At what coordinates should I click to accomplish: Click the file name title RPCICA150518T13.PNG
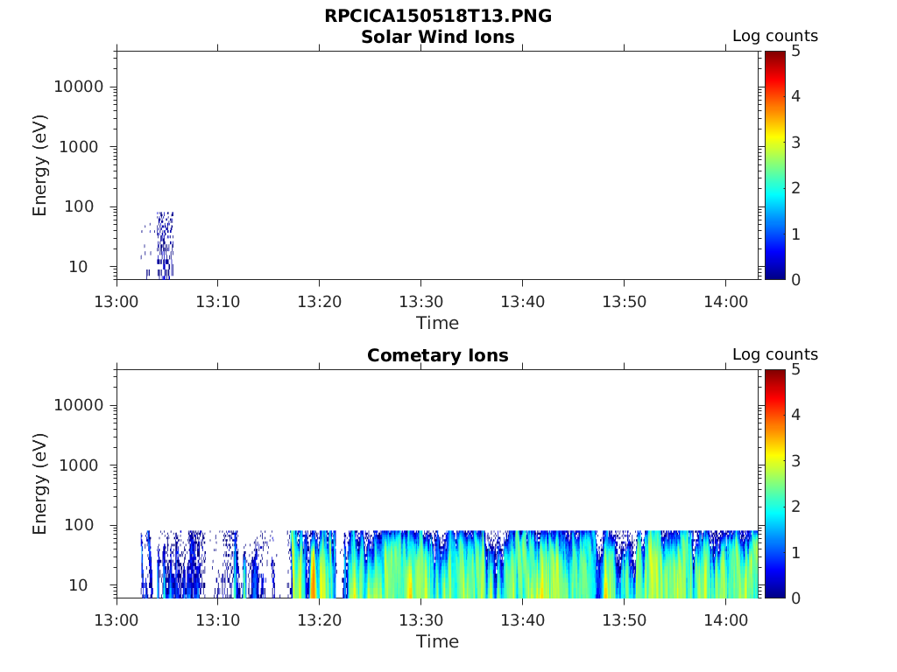(x=438, y=17)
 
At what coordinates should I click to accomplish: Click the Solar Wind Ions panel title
(x=438, y=37)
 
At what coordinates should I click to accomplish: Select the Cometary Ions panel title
(x=438, y=355)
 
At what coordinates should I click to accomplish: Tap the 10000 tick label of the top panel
(x=79, y=87)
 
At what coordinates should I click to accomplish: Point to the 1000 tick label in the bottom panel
(x=83, y=465)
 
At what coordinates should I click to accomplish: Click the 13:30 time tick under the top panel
(x=421, y=302)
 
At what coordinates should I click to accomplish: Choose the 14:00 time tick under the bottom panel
(x=725, y=620)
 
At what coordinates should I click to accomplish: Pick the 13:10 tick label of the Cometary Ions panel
(x=218, y=620)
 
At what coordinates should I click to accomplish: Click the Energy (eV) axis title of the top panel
(x=40, y=165)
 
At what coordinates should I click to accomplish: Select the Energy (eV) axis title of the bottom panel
(x=40, y=484)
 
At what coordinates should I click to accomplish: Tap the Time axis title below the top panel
(x=438, y=323)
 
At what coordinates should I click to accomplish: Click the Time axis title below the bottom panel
(x=438, y=641)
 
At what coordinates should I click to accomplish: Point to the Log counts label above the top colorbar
(x=775, y=37)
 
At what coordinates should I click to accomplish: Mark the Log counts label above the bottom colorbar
(x=775, y=355)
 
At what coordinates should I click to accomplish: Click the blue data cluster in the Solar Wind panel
(x=164, y=245)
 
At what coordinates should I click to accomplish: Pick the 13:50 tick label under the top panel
(x=624, y=302)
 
